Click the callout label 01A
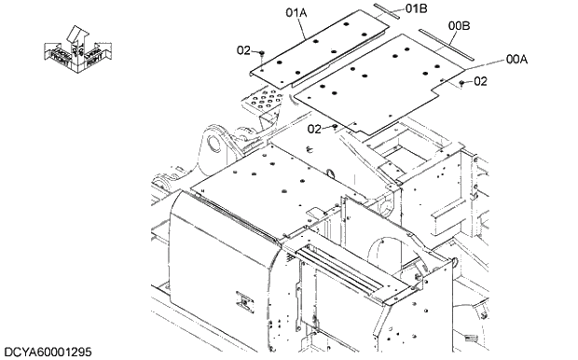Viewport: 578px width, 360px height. [x=296, y=13]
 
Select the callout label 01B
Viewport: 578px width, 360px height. [x=417, y=8]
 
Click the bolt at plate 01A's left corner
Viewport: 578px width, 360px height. [x=264, y=54]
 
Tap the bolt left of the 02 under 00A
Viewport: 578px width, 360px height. [x=462, y=83]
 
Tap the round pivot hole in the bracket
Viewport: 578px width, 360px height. [x=215, y=145]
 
